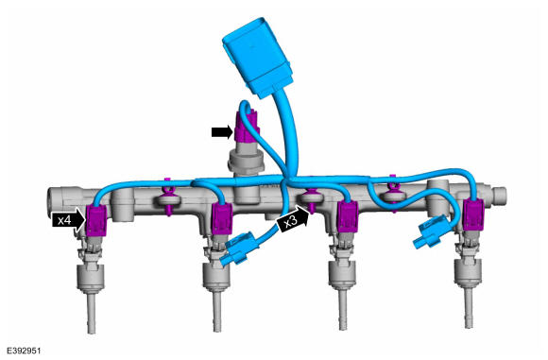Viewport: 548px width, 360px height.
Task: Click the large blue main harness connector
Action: coord(258,58)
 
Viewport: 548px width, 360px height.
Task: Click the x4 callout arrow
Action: coord(68,220)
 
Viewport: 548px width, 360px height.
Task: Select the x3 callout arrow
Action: coord(293,219)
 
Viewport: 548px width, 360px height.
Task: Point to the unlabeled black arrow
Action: coord(222,131)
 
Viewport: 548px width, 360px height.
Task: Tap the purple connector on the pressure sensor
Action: coord(246,125)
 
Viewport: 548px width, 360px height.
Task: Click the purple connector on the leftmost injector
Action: coord(96,220)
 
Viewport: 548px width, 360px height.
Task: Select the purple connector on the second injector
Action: coord(222,219)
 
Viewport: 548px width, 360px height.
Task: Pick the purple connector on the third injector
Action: coord(348,216)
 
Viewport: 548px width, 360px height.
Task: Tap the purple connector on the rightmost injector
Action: coord(473,214)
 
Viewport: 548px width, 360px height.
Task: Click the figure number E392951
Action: coord(24,351)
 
